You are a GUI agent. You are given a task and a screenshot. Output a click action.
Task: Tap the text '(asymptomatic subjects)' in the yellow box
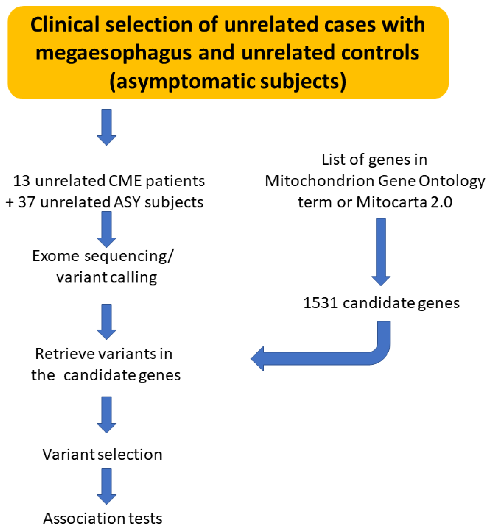click(227, 81)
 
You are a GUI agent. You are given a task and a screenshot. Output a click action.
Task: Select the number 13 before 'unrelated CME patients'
click(21, 181)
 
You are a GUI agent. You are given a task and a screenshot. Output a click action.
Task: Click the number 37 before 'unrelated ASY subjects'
click(26, 202)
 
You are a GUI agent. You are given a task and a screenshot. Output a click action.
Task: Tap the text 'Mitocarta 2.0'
click(404, 202)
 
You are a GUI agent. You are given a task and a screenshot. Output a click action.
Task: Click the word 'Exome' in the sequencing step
click(56, 256)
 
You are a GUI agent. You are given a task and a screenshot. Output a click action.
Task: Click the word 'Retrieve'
click(65, 354)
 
